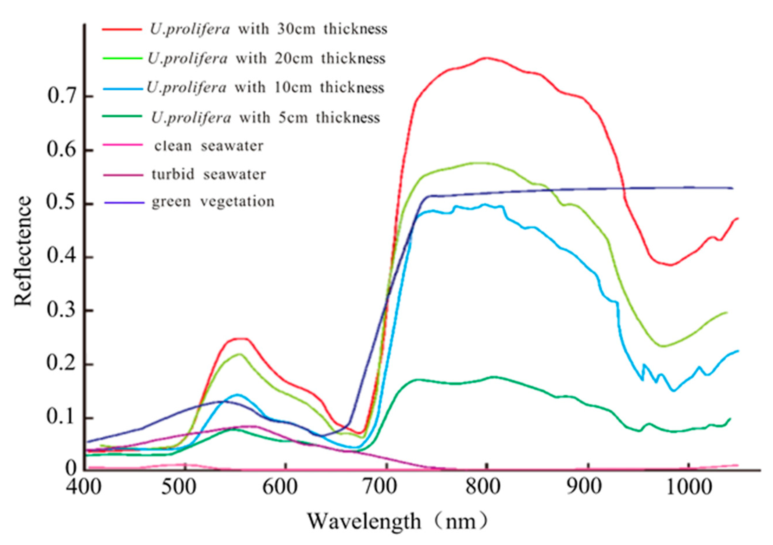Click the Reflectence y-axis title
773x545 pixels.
(23, 251)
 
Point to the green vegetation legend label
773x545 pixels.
(213, 202)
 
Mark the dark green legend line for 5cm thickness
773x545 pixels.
(122, 116)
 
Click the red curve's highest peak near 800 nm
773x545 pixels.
(486, 58)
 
